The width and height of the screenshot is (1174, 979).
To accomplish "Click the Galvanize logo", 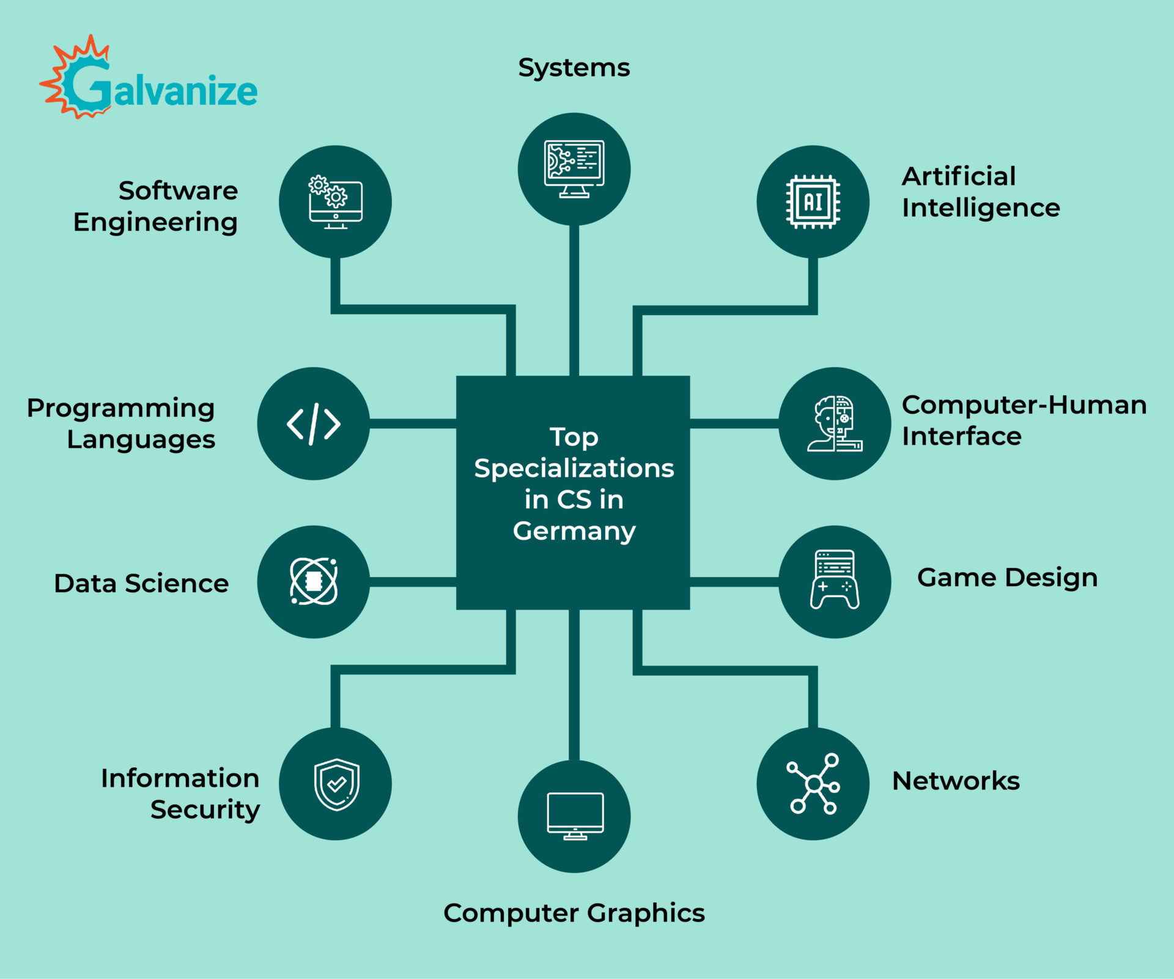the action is pyautogui.click(x=149, y=77).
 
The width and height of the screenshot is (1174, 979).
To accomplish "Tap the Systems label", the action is pyautogui.click(x=574, y=68).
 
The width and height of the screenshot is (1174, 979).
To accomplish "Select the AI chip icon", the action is pyautogui.click(x=813, y=201).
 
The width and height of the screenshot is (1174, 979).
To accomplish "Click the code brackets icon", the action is pyautogui.click(x=314, y=423).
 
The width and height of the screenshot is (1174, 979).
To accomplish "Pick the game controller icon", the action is pyautogui.click(x=835, y=579).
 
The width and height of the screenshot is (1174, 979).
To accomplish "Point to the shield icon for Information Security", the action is pyautogui.click(x=337, y=784).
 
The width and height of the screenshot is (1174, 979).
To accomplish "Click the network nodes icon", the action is pyautogui.click(x=813, y=784).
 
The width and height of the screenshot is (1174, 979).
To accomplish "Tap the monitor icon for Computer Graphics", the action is pyautogui.click(x=575, y=816).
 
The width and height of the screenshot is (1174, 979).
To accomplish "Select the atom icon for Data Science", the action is pyautogui.click(x=314, y=581).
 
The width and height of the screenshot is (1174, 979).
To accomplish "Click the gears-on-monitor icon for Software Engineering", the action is pyautogui.click(x=335, y=203).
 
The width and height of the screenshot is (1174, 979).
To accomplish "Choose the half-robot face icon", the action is pyautogui.click(x=835, y=423).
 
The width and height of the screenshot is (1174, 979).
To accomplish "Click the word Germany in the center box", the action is pyautogui.click(x=574, y=531).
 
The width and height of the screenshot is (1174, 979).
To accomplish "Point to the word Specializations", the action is pyautogui.click(x=574, y=469).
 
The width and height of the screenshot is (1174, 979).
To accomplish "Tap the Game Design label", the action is pyautogui.click(x=1007, y=578).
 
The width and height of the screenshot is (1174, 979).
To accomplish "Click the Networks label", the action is pyautogui.click(x=956, y=781).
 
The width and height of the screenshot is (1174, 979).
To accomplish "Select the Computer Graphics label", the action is pyautogui.click(x=574, y=913).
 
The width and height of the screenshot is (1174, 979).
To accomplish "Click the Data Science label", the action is pyautogui.click(x=141, y=583).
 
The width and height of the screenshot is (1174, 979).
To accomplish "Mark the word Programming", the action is pyautogui.click(x=120, y=409).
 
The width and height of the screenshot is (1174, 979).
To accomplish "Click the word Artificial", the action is pyautogui.click(x=958, y=176).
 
